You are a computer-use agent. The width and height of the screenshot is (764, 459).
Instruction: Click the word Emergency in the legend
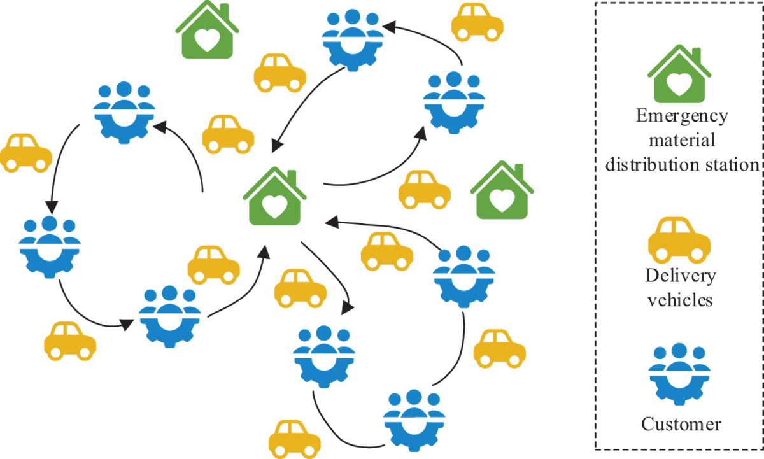point(682,117)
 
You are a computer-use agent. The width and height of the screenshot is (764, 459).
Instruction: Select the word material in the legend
point(682,140)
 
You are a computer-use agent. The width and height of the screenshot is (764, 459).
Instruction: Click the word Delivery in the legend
point(681,276)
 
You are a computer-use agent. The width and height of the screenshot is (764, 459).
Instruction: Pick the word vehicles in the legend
point(681,299)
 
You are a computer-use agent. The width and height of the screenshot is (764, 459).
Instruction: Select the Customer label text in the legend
point(681,423)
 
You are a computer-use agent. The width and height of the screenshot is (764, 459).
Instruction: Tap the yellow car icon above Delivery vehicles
point(679,239)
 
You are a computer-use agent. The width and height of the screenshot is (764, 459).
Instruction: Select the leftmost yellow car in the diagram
point(25,153)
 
